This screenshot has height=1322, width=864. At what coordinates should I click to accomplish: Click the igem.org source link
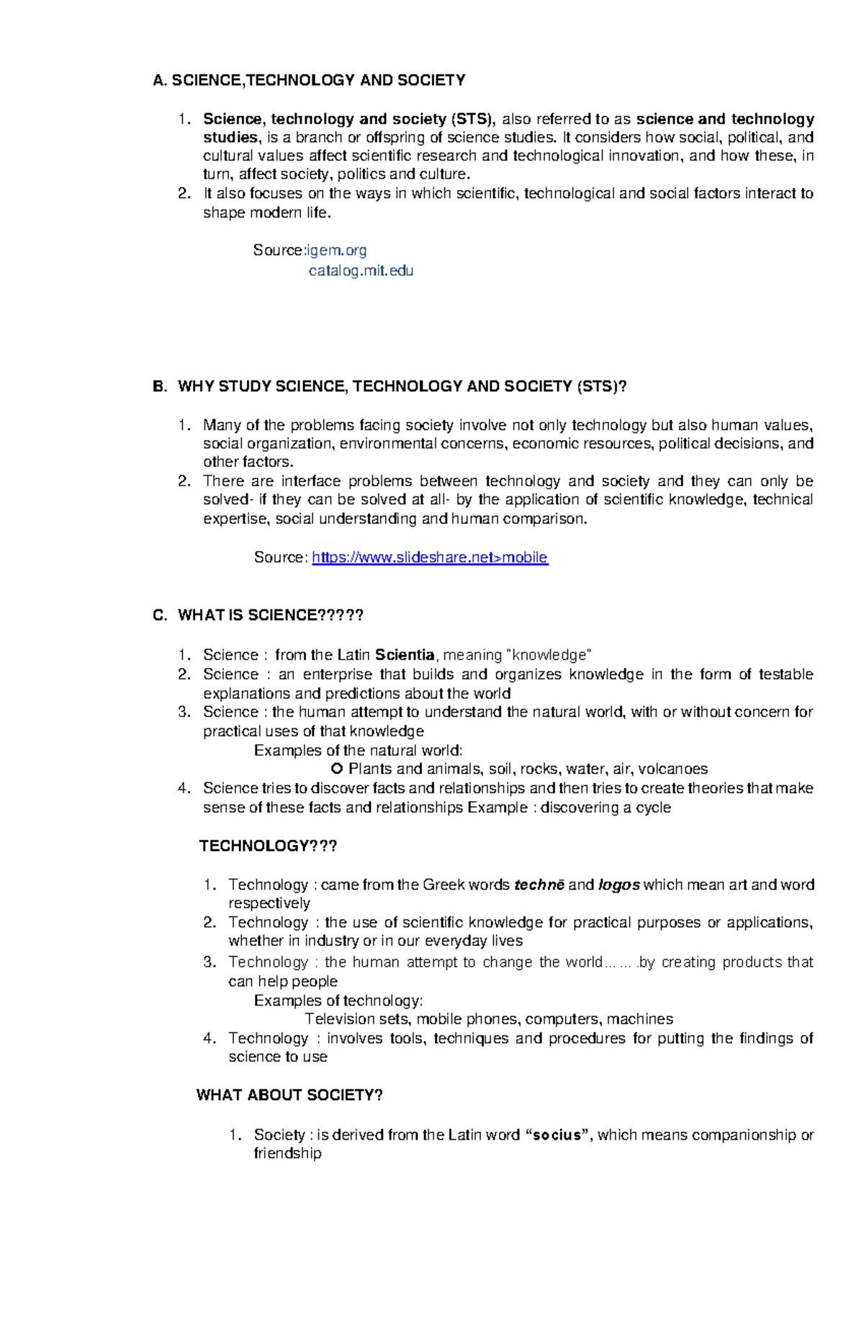click(337, 250)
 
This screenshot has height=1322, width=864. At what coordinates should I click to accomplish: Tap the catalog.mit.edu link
click(361, 271)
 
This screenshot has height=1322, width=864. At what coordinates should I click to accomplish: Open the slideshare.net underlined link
click(430, 557)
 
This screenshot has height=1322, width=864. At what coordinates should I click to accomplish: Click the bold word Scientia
click(405, 655)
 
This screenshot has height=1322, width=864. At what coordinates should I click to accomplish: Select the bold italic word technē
click(539, 885)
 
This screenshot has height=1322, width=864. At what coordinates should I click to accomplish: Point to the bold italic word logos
click(618, 885)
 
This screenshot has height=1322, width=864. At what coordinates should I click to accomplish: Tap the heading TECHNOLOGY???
click(268, 846)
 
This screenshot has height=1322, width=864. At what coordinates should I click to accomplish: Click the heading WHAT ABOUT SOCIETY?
click(289, 1095)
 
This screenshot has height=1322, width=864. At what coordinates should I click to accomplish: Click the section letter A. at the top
click(160, 80)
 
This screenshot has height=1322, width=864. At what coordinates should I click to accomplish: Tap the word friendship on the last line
click(287, 1153)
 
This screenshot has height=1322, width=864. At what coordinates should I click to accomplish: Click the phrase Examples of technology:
click(338, 1001)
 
